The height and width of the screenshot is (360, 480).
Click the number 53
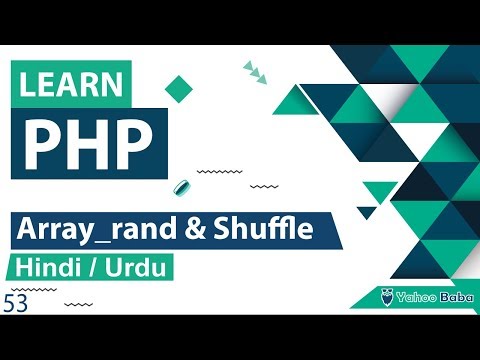click(x=15, y=304)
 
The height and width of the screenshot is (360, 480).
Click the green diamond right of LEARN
click(x=178, y=88)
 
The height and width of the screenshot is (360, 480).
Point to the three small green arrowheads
click(x=256, y=70)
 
